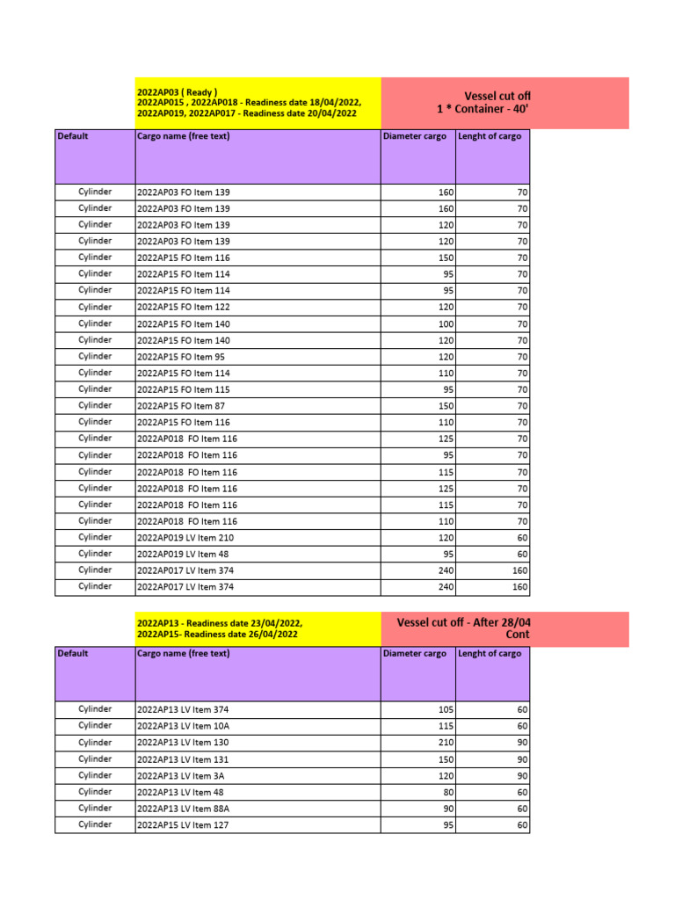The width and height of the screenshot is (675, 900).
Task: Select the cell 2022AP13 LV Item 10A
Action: pyautogui.click(x=184, y=726)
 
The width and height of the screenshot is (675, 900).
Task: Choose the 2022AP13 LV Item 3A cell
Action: pyautogui.click(x=181, y=775)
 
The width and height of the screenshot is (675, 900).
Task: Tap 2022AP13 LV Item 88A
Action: pyautogui.click(x=184, y=809)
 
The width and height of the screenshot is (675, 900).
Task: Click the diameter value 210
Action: pyautogui.click(x=446, y=743)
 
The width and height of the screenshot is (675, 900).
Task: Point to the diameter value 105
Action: pyautogui.click(x=446, y=709)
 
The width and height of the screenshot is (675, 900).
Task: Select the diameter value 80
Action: pyautogui.click(x=448, y=792)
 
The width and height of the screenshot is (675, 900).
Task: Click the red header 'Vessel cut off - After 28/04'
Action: pyautogui.click(x=463, y=622)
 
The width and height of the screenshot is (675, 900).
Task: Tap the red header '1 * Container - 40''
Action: pyautogui.click(x=483, y=109)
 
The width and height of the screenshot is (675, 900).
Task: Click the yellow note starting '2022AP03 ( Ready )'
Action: pyautogui.click(x=177, y=92)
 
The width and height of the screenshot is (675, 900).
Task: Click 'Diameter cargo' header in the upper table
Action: pyautogui.click(x=415, y=136)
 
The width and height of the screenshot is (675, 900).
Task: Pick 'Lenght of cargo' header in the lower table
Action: pyautogui.click(x=490, y=654)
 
